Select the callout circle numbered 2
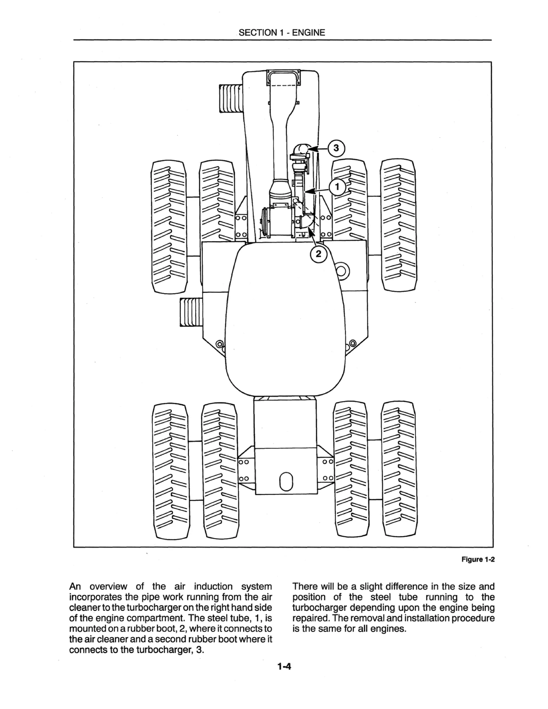click(318, 254)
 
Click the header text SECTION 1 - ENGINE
click(281, 32)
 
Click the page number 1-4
click(284, 667)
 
